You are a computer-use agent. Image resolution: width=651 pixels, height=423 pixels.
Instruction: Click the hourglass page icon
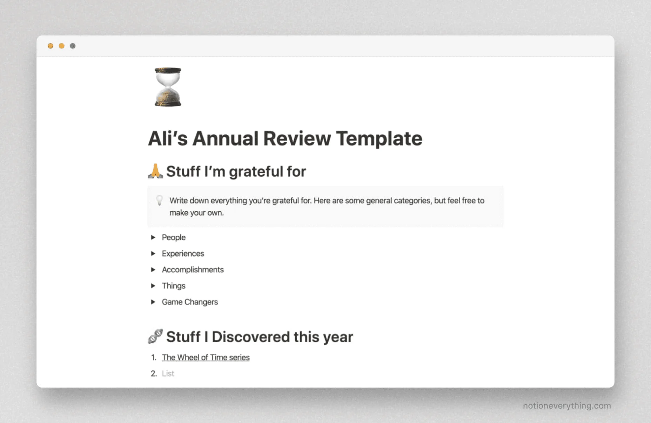click(168, 87)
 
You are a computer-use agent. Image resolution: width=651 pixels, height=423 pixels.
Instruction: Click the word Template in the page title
click(379, 139)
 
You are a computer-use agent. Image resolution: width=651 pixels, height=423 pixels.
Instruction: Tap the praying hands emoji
click(155, 171)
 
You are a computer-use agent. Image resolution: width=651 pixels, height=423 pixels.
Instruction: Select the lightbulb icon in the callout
click(160, 200)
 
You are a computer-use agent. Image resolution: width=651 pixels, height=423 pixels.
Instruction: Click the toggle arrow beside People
click(153, 237)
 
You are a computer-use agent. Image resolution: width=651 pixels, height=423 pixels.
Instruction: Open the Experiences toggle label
click(183, 254)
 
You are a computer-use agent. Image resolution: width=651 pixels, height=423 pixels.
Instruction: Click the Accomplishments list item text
click(193, 270)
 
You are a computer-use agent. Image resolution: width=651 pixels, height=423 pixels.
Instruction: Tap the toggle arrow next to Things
click(153, 286)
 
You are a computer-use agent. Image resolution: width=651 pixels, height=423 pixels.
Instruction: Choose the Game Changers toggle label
click(190, 302)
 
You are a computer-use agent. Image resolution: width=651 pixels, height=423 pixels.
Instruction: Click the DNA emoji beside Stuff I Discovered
click(155, 336)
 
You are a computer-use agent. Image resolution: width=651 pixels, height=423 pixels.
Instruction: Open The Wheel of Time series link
click(206, 357)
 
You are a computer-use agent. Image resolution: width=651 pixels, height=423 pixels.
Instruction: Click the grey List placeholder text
click(168, 374)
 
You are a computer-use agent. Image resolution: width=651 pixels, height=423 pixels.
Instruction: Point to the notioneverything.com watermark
click(567, 406)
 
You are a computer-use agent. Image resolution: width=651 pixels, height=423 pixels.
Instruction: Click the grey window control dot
click(73, 46)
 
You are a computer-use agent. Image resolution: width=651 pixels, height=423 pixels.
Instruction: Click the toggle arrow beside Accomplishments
click(153, 270)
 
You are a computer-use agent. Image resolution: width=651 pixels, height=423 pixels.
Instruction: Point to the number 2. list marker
click(154, 374)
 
